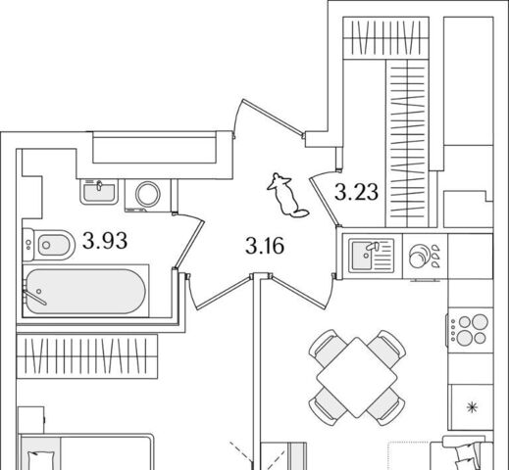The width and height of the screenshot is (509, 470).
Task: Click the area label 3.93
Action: pyautogui.click(x=105, y=241)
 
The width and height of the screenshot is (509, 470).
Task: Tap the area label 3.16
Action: pyautogui.click(x=265, y=246)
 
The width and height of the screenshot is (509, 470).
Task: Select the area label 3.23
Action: pyautogui.click(x=356, y=192)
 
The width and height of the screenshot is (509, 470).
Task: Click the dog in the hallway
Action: pyautogui.click(x=286, y=195)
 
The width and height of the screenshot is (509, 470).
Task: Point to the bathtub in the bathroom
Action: pyautogui.click(x=85, y=291)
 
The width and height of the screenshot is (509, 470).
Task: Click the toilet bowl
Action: pyautogui.click(x=49, y=245)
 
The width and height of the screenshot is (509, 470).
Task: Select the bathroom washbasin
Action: pyautogui.click(x=99, y=192)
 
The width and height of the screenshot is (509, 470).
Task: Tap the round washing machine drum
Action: pyautogui.click(x=148, y=194)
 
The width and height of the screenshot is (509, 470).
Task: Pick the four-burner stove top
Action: pyautogui.click(x=470, y=330)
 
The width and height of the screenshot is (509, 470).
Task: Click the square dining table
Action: pyautogui.click(x=357, y=377)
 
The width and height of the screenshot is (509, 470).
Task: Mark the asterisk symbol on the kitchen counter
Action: pyautogui.click(x=472, y=407)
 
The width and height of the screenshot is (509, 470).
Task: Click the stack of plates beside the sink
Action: pyautogui.click(x=418, y=257)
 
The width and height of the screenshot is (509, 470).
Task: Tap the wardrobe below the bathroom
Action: pyautogui.click(x=87, y=356)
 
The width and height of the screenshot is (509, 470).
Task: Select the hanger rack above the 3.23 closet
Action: pyautogui.click(x=385, y=37)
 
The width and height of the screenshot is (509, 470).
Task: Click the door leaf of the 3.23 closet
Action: pyautogui.click(x=323, y=201)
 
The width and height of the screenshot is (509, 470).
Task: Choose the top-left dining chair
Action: pyautogui.click(x=327, y=347)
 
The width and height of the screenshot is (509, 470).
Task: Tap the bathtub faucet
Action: pyautogui.click(x=34, y=297)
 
